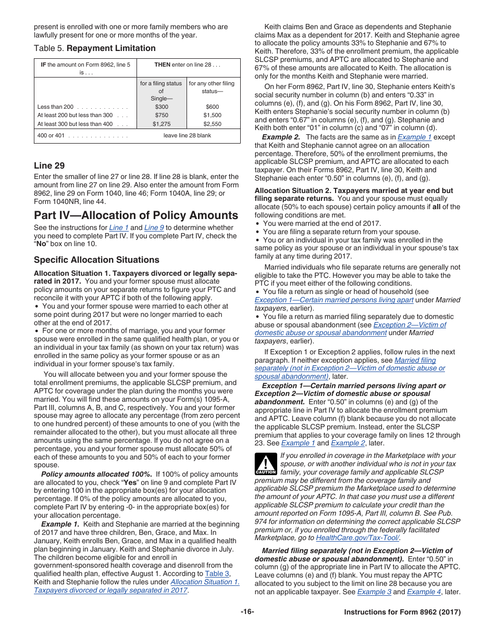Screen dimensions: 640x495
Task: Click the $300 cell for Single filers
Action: point(162,107)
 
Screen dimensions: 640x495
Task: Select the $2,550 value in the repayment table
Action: point(212,124)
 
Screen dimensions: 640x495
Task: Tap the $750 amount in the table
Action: point(162,116)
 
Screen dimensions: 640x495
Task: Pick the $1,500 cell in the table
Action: point(212,116)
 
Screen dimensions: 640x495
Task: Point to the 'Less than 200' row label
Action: point(56,107)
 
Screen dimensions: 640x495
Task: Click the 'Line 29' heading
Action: point(49,166)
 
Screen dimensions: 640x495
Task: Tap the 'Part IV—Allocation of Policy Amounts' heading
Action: point(136,215)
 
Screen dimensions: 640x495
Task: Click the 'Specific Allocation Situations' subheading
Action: point(96,260)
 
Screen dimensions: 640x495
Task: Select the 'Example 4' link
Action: point(420,592)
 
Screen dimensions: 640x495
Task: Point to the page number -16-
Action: point(247,612)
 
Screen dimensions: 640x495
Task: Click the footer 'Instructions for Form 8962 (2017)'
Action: point(402,612)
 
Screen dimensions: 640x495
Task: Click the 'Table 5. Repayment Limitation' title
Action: point(95,48)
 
